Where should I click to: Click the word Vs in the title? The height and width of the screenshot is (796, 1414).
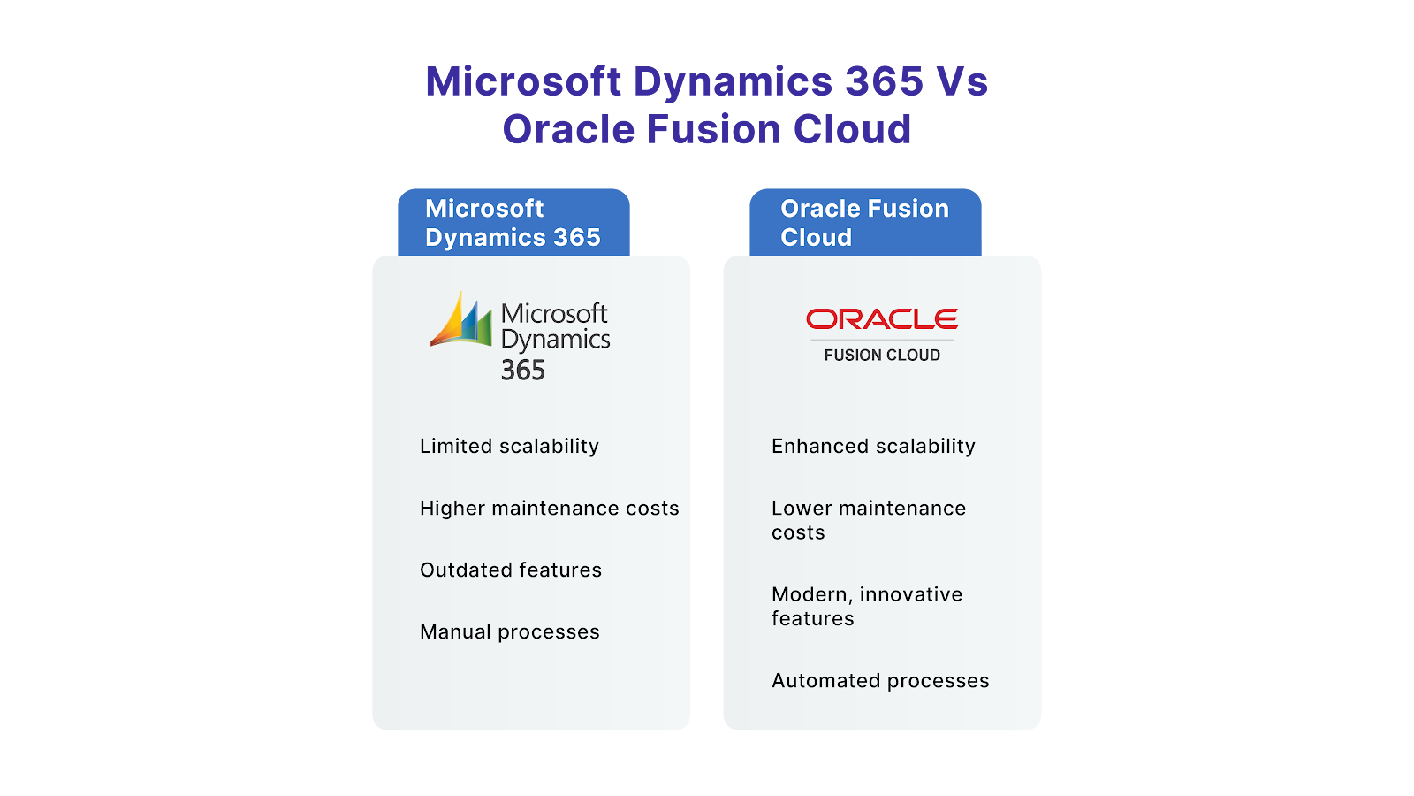pyautogui.click(x=962, y=82)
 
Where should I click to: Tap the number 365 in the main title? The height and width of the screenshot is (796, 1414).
pyautogui.click(x=884, y=82)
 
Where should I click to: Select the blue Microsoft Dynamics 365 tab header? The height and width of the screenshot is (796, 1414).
pyautogui.click(x=513, y=223)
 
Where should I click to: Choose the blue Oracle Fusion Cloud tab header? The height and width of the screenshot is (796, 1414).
pyautogui.click(x=865, y=223)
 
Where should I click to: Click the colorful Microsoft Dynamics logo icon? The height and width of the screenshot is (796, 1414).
pyautogui.click(x=461, y=320)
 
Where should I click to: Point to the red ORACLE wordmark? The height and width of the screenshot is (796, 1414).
pyautogui.click(x=882, y=318)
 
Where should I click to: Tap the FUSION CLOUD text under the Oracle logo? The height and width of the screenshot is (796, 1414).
pyautogui.click(x=882, y=356)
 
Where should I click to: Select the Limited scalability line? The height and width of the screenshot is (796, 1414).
pyautogui.click(x=509, y=447)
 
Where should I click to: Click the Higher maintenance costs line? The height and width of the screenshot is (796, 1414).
pyautogui.click(x=549, y=509)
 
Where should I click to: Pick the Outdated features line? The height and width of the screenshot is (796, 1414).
pyautogui.click(x=511, y=570)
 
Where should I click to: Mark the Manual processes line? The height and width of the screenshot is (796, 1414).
pyautogui.click(x=510, y=632)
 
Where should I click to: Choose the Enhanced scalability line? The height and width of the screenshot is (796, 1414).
pyautogui.click(x=873, y=447)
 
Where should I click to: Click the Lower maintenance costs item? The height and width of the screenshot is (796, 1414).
pyautogui.click(x=868, y=520)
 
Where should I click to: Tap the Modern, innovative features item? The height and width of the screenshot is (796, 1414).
pyautogui.click(x=866, y=607)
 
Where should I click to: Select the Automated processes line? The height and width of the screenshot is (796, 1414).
pyautogui.click(x=880, y=681)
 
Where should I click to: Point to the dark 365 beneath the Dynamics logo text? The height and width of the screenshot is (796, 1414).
pyautogui.click(x=523, y=371)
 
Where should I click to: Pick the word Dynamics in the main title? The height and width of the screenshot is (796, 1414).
pyautogui.click(x=733, y=82)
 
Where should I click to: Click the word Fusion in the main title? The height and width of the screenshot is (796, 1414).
pyautogui.click(x=714, y=130)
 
